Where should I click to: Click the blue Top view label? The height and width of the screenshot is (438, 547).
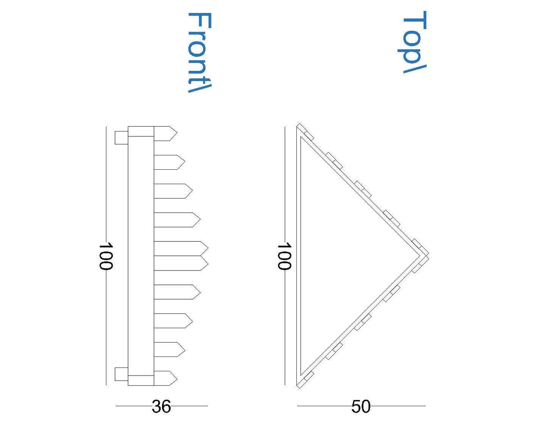(x=414, y=42)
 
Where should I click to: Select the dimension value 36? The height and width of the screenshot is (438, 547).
(x=161, y=407)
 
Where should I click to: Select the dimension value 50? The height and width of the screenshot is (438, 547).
(x=361, y=407)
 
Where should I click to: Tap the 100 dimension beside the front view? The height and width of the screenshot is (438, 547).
(x=106, y=257)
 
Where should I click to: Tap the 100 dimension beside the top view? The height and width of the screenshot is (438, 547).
(x=284, y=257)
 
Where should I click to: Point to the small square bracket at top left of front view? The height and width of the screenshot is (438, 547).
(x=121, y=138)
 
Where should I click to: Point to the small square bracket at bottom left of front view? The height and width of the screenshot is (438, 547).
(x=121, y=374)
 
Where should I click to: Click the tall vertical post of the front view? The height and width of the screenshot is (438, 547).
(x=141, y=256)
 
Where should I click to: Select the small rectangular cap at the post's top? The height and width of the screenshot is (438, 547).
(x=141, y=131)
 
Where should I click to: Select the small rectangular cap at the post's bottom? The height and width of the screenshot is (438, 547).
(x=141, y=380)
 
